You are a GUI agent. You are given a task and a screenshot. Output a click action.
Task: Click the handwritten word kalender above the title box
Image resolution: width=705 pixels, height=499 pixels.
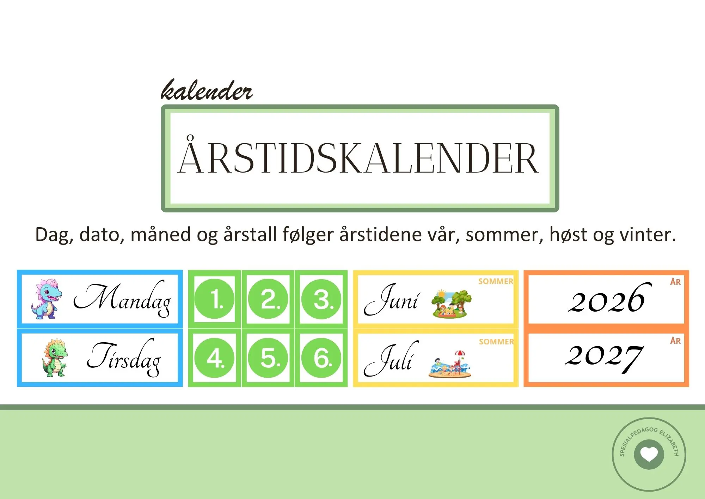(x=207, y=91)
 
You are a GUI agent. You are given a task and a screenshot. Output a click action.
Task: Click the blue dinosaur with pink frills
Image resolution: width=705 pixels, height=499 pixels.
(x=47, y=299)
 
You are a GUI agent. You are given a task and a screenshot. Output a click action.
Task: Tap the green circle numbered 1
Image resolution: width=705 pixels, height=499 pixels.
(x=214, y=299)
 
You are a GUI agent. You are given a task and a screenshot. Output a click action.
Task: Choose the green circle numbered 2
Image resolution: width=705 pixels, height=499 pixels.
(x=268, y=299)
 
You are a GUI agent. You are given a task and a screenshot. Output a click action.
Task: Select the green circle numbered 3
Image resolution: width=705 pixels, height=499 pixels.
(x=321, y=299)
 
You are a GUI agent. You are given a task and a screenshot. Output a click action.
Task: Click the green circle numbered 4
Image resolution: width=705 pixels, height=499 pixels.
(x=214, y=358)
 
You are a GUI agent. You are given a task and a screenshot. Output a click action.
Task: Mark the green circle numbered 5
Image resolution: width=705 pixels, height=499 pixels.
(x=268, y=358)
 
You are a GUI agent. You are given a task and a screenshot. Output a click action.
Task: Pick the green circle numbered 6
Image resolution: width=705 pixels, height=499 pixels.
(x=321, y=358)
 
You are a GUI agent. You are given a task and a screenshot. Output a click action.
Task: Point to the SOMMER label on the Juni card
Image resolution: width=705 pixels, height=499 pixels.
(x=496, y=281)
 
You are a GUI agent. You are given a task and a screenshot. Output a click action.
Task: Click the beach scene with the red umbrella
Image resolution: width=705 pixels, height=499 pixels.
(x=450, y=364)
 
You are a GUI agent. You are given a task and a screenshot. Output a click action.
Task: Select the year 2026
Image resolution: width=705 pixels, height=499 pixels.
(x=607, y=299)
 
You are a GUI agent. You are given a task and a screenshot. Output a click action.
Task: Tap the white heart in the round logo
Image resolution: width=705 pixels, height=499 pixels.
(x=649, y=455)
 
